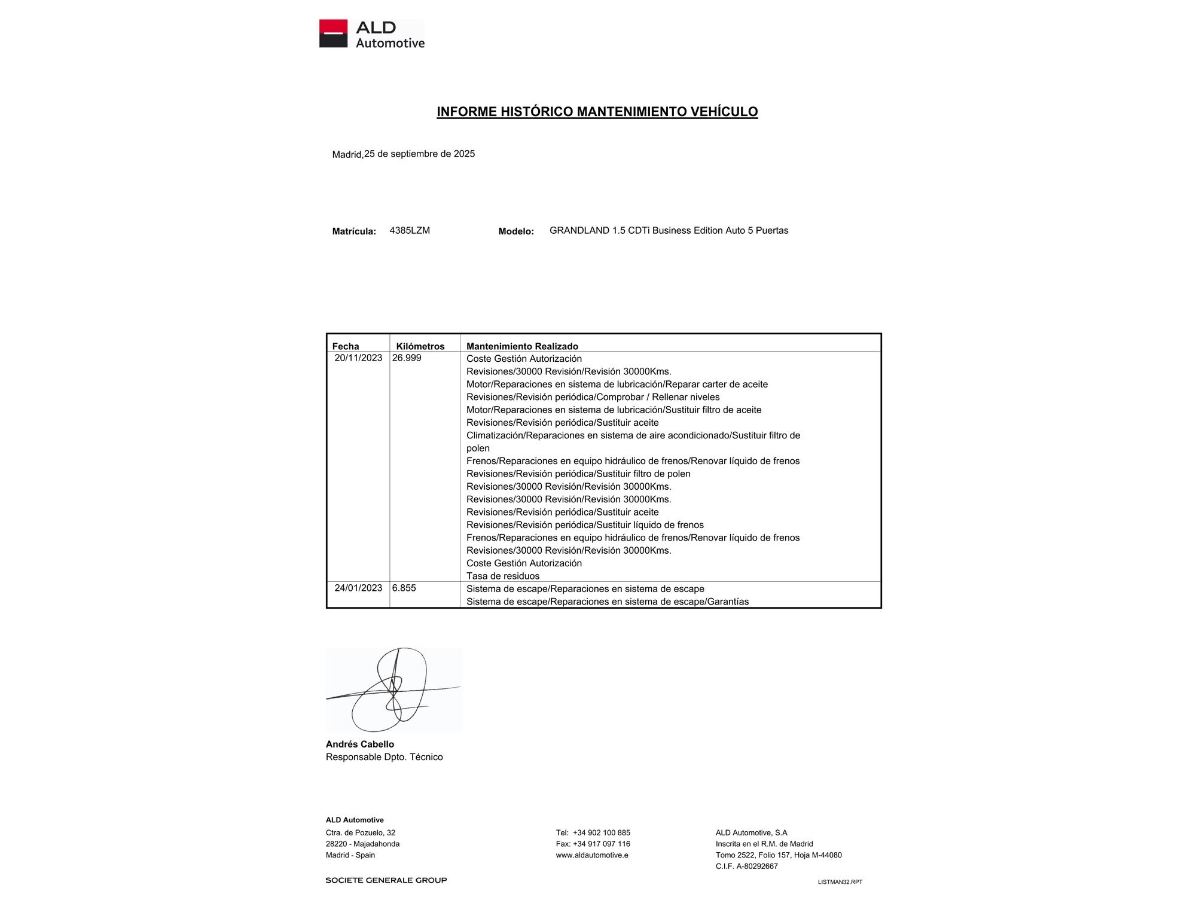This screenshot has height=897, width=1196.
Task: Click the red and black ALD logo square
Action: point(333,33)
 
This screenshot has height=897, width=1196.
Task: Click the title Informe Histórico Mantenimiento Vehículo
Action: point(597,112)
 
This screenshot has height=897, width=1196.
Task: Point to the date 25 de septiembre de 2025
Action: point(419,154)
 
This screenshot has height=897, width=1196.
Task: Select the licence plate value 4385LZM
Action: point(410,230)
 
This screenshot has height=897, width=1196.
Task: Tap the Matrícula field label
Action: point(354,231)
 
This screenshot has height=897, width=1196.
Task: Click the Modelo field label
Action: point(516,231)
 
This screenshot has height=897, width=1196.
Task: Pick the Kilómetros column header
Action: point(420,346)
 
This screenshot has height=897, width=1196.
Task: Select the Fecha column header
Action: point(346,346)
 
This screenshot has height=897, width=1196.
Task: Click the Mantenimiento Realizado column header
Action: point(522,346)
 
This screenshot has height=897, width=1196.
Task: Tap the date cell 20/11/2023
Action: point(358,358)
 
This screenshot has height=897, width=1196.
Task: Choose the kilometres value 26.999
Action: point(407,358)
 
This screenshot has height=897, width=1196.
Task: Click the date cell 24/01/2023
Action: point(358,588)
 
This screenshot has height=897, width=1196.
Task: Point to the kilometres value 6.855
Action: point(404,588)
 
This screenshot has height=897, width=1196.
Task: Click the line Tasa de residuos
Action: point(503,576)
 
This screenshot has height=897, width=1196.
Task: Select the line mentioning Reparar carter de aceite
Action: point(617,384)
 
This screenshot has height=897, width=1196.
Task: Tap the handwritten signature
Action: point(393,689)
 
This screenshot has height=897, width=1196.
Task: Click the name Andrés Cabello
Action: point(360,744)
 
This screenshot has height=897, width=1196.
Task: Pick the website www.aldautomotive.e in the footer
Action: point(592,855)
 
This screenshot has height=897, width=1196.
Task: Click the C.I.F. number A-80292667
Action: point(756,866)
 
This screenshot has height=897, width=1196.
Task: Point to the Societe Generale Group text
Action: point(386,880)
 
